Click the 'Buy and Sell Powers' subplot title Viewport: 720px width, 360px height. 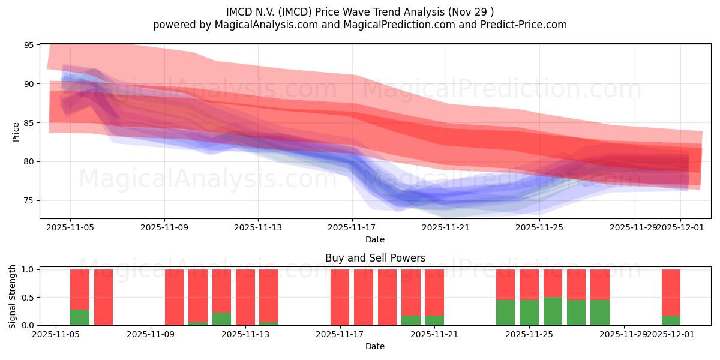pyautogui.click(x=375, y=258)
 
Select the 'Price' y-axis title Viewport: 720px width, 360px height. pyautogui.click(x=16, y=131)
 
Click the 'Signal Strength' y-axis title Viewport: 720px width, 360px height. pyautogui.click(x=13, y=296)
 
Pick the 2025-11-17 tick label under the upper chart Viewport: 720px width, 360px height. pyautogui.click(x=352, y=228)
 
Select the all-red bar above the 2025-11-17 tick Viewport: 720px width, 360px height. pyautogui.click(x=340, y=297)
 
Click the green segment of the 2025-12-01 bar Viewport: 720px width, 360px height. pyautogui.click(x=671, y=320)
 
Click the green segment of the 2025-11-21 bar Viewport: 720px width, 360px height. pyautogui.click(x=434, y=320)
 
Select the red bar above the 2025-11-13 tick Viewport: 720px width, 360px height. pyautogui.click(x=245, y=297)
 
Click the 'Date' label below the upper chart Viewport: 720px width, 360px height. pyautogui.click(x=375, y=239)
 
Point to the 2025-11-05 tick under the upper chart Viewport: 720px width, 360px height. pyautogui.click(x=70, y=228)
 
